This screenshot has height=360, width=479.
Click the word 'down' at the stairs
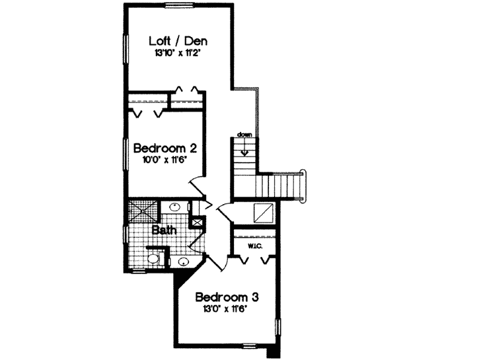tap(245, 135)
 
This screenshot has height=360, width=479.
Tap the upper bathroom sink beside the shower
tap(174, 207)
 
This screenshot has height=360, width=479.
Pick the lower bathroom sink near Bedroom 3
tap(182, 263)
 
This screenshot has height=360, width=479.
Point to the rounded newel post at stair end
tap(305, 172)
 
